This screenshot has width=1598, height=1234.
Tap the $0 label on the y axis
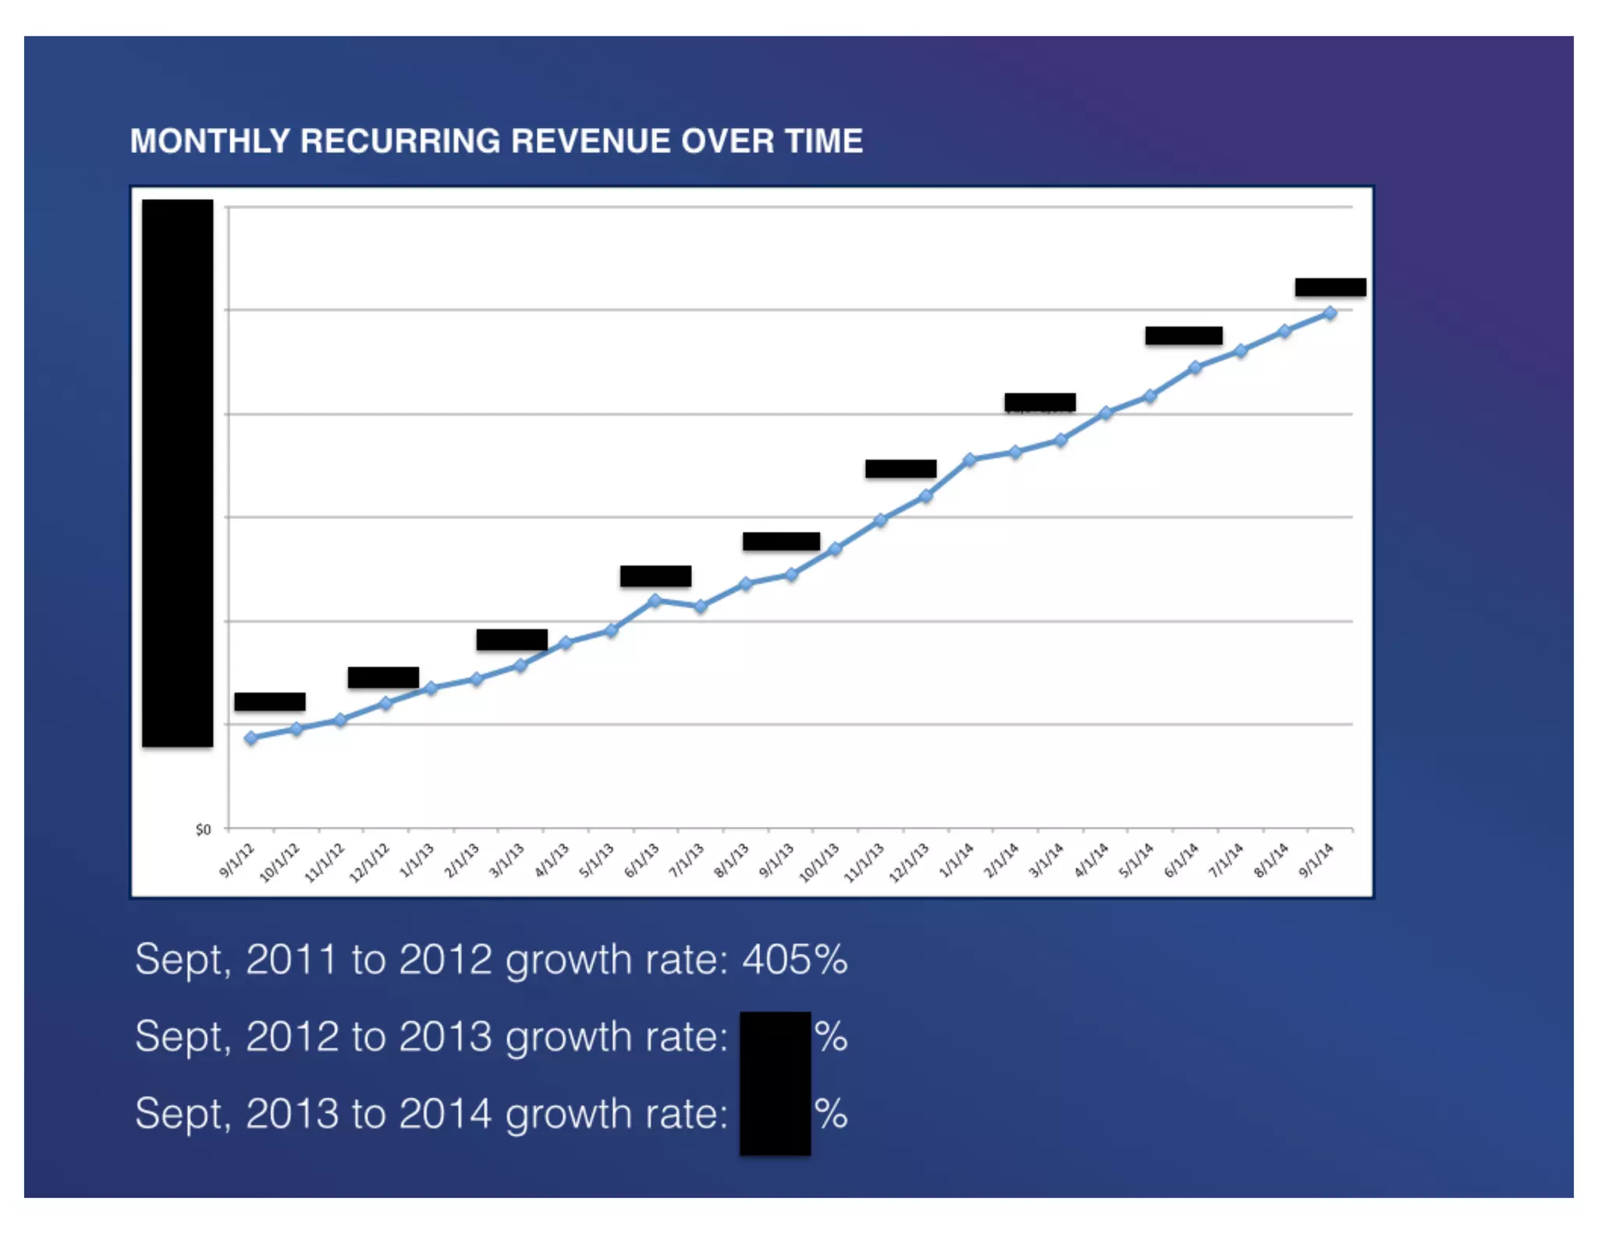203,829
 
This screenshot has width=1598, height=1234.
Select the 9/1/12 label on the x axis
237,860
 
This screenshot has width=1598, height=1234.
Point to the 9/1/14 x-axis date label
1316,860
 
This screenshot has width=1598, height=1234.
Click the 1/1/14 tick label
957,860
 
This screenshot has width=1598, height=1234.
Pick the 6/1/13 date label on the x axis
642,860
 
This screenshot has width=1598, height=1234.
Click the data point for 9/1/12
250,738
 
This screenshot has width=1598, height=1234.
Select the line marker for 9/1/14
1330,314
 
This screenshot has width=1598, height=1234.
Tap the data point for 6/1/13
655,600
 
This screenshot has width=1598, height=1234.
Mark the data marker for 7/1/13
701,606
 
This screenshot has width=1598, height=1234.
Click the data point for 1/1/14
970,460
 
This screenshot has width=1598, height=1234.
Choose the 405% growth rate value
794,959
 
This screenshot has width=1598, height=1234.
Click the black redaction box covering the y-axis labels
177,473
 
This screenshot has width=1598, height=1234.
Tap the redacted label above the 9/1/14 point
1330,287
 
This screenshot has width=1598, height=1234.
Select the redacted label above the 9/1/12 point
270,701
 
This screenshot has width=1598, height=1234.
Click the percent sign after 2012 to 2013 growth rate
831,1037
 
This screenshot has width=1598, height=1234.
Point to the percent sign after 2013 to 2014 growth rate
831,1113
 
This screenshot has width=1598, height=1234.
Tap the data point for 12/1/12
385,703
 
